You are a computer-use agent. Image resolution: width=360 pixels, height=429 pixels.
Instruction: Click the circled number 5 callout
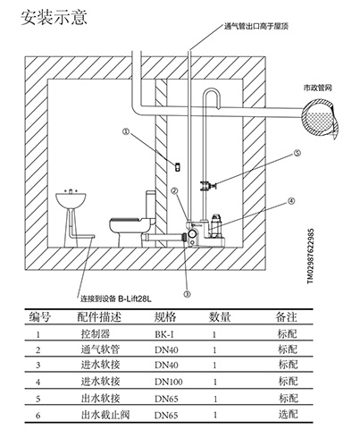(x=297, y=153)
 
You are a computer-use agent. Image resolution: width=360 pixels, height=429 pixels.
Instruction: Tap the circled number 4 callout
(x=291, y=201)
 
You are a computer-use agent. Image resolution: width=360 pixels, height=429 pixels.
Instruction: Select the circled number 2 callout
(x=174, y=190)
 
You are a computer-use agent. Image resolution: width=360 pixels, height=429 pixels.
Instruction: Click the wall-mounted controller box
(x=178, y=167)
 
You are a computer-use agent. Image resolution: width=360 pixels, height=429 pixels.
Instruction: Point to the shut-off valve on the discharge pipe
(x=208, y=186)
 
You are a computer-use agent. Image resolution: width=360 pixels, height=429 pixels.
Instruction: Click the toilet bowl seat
(x=127, y=221)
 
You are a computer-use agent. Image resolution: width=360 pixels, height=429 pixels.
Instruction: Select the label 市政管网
(x=317, y=88)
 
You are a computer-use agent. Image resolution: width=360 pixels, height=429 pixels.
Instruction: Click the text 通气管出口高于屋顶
(x=256, y=26)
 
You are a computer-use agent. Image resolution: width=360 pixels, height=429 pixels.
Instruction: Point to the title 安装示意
(x=54, y=17)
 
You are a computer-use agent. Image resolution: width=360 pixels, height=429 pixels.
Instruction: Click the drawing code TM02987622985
(x=310, y=256)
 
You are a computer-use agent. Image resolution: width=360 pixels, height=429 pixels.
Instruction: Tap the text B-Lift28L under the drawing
(x=135, y=299)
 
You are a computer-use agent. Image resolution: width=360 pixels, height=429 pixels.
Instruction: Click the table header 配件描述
(x=99, y=317)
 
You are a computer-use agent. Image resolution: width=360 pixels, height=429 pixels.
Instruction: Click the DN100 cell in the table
(x=169, y=382)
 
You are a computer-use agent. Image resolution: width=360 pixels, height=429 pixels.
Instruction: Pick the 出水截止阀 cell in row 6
(x=105, y=415)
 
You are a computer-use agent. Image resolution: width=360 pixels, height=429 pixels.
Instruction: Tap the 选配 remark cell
(x=288, y=414)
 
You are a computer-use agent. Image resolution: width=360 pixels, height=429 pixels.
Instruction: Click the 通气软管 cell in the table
(x=100, y=349)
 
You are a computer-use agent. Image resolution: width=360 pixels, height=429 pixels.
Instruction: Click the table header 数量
(x=220, y=317)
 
